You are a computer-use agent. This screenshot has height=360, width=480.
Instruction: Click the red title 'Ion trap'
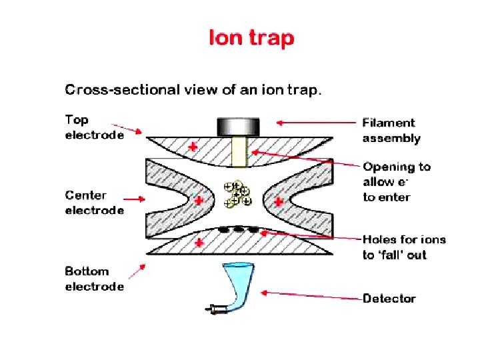pyautogui.click(x=251, y=38)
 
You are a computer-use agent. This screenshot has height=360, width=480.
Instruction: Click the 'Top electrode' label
pyautogui.click(x=94, y=127)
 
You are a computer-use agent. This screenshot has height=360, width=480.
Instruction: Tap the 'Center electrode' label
pyautogui.click(x=94, y=203)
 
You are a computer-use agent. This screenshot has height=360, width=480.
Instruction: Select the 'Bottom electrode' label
pyautogui.click(x=94, y=279)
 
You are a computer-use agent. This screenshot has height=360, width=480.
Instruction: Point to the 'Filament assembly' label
pyautogui.click(x=391, y=131)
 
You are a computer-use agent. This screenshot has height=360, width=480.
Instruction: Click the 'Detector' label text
pyautogui.click(x=389, y=299)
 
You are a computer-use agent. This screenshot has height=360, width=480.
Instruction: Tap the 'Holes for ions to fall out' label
pyautogui.click(x=404, y=247)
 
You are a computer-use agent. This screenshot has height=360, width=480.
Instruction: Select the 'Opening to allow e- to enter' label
pyautogui.click(x=397, y=181)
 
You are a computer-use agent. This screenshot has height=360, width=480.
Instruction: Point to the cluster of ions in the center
pyautogui.click(x=238, y=193)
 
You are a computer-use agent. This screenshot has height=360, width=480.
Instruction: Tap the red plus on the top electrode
pyautogui.click(x=193, y=147)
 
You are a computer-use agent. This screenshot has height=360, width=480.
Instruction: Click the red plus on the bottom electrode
pyautogui.click(x=199, y=244)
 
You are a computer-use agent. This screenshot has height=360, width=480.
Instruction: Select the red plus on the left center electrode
pyautogui.click(x=199, y=199)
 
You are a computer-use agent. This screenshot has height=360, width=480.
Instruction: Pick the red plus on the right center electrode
pyautogui.click(x=278, y=200)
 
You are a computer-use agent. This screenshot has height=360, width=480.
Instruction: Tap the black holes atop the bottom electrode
pyautogui.click(x=239, y=230)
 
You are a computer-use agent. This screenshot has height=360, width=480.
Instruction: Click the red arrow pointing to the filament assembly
pyautogui.click(x=314, y=122)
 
